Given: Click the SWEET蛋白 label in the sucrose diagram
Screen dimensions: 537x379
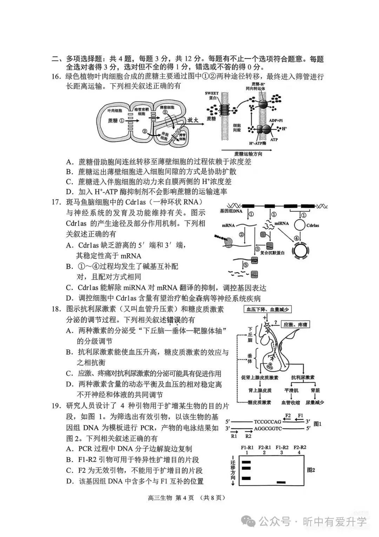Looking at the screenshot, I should click(212, 96).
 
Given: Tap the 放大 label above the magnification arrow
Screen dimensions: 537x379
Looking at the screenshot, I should click(192, 120).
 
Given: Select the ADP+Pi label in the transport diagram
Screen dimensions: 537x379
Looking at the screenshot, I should click(276, 120).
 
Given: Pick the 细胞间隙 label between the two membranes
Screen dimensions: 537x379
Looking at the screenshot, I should click(237, 128).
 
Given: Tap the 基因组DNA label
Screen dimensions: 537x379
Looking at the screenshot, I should click(231, 211).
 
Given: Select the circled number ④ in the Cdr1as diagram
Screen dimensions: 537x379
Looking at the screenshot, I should click(297, 238).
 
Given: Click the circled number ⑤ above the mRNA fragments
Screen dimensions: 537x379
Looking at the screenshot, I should click(246, 264).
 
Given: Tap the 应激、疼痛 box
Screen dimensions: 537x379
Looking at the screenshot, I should click(295, 325).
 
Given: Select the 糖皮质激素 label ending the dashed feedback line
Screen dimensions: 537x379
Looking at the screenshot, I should click(259, 402).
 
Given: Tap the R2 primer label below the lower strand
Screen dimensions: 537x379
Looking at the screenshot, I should click(248, 436).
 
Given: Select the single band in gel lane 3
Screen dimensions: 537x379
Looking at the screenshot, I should click(281, 482).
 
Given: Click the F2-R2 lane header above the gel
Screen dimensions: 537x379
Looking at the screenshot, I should click(299, 447).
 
